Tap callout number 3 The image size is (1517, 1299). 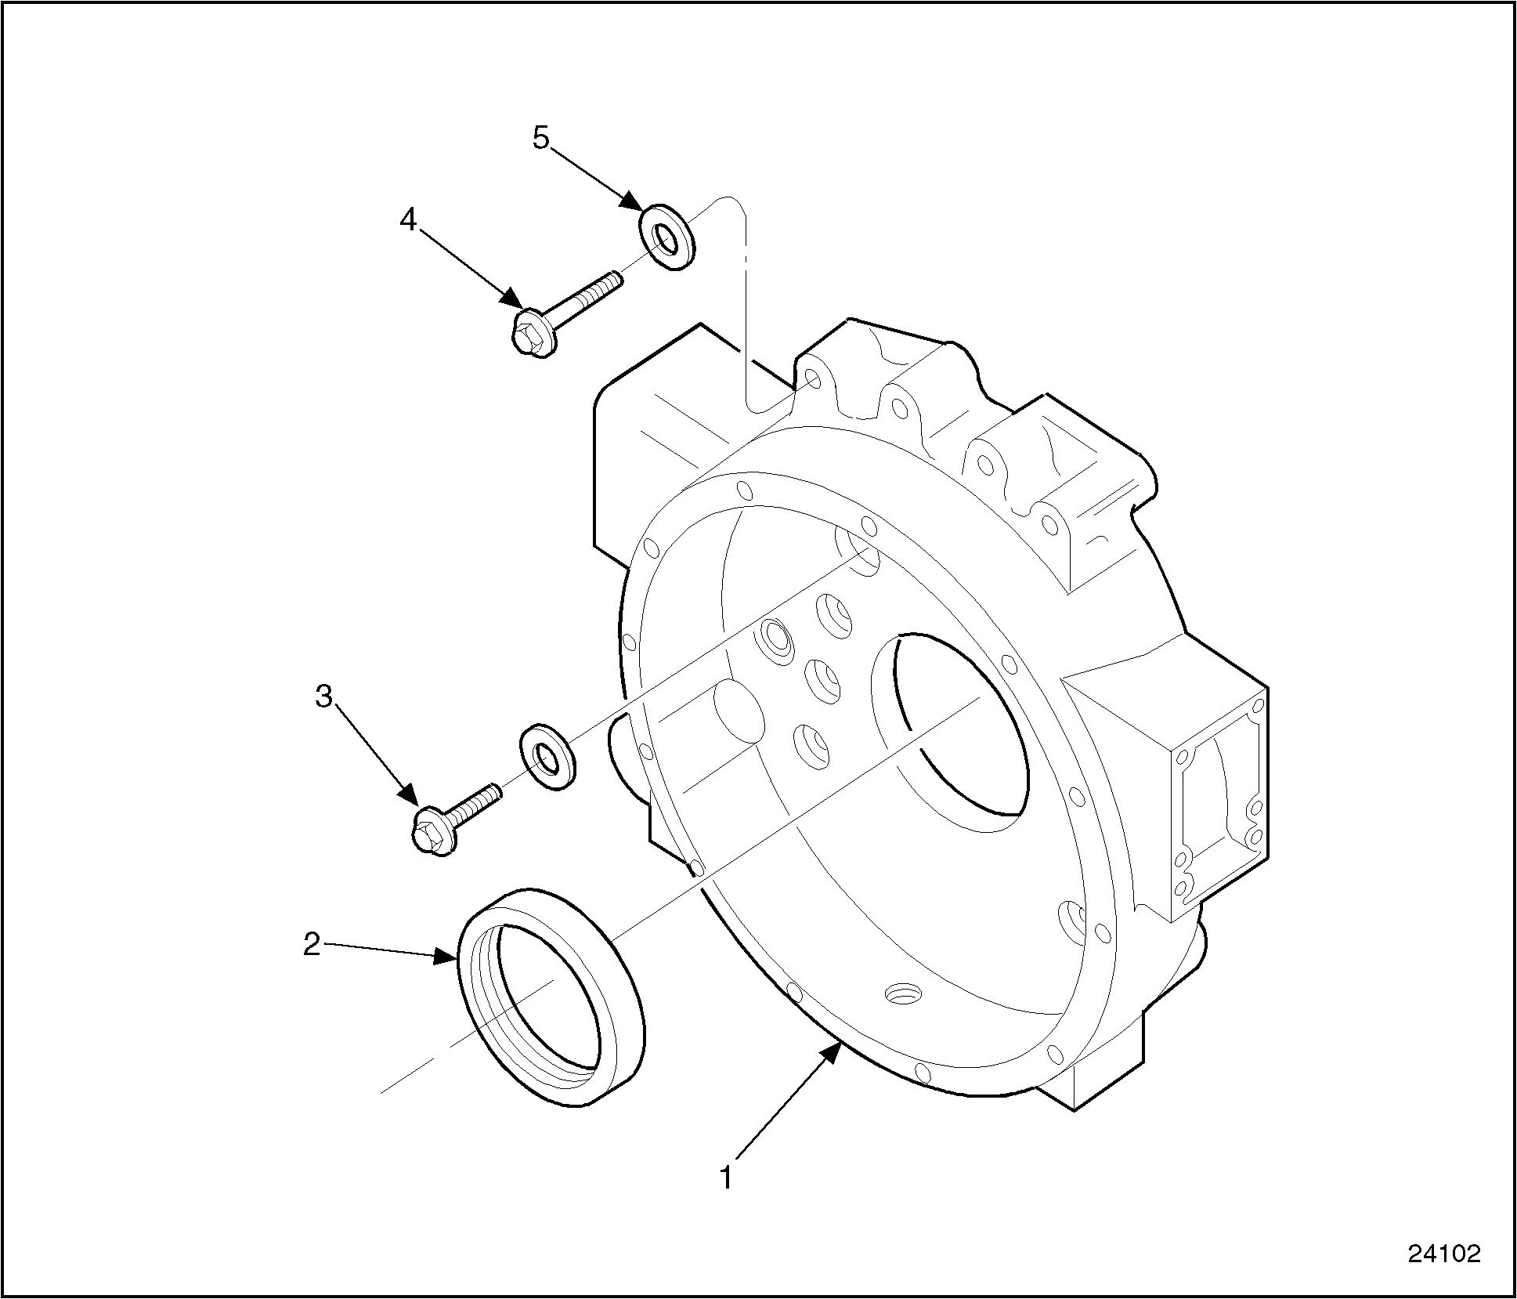tap(323, 696)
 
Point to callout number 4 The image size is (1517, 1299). tap(408, 220)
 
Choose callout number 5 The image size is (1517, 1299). tap(541, 138)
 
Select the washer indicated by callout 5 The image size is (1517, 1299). tap(667, 237)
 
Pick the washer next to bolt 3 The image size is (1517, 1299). tap(546, 758)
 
